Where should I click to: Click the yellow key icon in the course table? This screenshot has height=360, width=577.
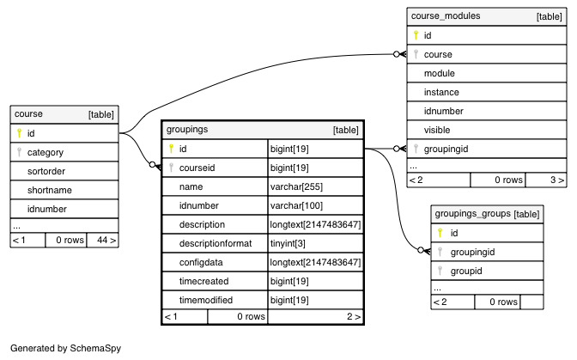[19, 133]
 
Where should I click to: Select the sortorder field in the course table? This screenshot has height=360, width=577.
[46, 171]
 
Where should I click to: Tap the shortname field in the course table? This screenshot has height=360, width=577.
[49, 190]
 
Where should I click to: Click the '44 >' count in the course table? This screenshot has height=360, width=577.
[106, 240]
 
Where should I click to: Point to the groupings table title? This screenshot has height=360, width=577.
[187, 129]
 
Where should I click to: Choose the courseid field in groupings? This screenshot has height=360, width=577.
[197, 168]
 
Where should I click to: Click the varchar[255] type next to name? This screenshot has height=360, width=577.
[296, 186]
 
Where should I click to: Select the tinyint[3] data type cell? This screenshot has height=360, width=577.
[288, 243]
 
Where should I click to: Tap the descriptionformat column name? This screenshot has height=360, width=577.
[216, 243]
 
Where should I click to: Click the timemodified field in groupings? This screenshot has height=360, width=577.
[206, 300]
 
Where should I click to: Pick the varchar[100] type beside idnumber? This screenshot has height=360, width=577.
[296, 205]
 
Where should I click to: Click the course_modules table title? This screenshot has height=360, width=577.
[446, 15]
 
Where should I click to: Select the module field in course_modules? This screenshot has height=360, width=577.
[439, 73]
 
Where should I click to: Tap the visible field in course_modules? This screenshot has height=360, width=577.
[437, 130]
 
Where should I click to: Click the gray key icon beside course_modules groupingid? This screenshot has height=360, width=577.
[416, 149]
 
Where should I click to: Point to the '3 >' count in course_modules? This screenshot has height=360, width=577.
[556, 180]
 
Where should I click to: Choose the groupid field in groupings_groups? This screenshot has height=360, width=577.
[466, 271]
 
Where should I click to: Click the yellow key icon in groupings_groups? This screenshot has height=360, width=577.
[440, 233]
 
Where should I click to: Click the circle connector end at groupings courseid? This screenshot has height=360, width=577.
[152, 165]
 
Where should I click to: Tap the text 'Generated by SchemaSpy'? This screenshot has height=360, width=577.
[65, 348]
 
